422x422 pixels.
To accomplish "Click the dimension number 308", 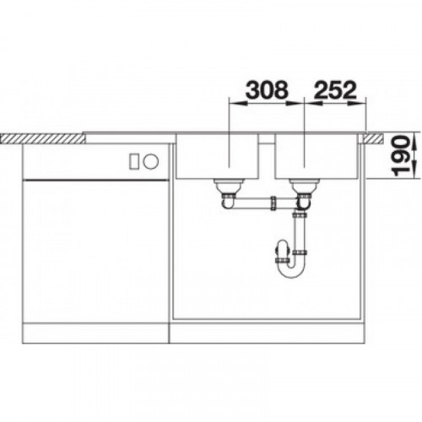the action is point(268,90).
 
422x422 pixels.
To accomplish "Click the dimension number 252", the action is point(335,90).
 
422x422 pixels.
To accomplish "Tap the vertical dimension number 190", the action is point(400,155).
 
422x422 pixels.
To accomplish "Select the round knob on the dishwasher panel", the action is point(151,161).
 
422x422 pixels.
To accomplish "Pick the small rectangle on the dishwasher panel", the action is point(134,161).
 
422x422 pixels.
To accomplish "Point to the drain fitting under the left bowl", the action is point(227,187).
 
